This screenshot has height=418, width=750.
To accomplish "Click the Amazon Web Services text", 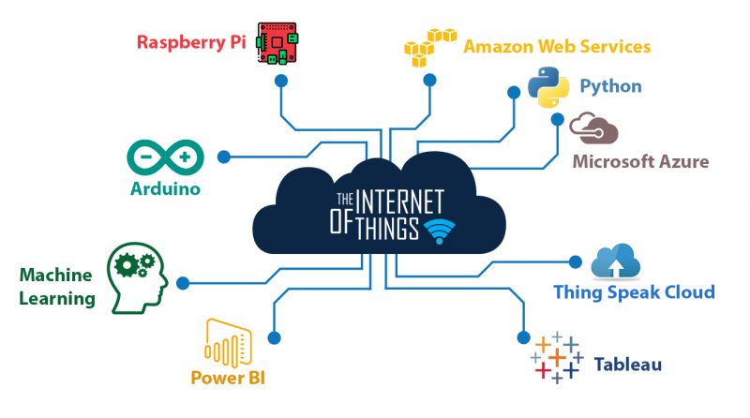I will click(557, 46).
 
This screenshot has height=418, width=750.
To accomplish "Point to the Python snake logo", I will click(549, 86).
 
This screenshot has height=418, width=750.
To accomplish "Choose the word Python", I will click(610, 86).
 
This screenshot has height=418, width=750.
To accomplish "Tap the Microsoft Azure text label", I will click(640, 161).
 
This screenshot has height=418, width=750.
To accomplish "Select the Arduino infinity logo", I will click(167, 156).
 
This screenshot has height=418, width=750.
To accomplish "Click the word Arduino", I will click(166, 188).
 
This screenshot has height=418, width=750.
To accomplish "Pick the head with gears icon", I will click(137, 276).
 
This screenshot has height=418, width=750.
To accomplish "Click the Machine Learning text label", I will click(57, 287).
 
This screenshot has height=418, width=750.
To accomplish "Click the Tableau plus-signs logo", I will click(557, 357).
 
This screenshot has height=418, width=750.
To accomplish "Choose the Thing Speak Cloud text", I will click(634, 291).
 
